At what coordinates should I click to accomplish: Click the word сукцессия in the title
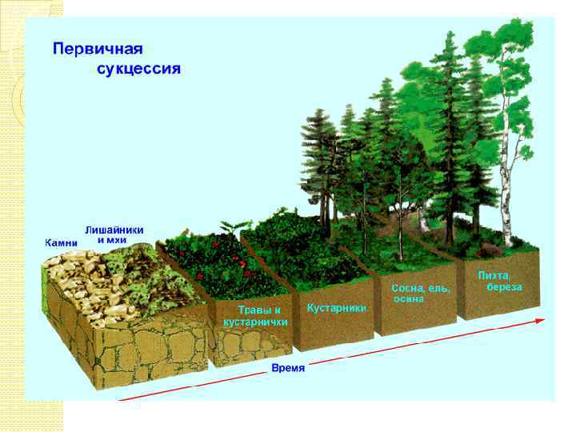coord(138,68)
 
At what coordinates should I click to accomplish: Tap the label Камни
coord(61,242)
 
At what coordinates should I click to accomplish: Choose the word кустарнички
coord(255,321)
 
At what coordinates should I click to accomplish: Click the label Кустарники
coord(337,307)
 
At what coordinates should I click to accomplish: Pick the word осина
coord(408,298)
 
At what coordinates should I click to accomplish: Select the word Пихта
coord(494,276)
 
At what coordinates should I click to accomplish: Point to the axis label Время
coord(288,368)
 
